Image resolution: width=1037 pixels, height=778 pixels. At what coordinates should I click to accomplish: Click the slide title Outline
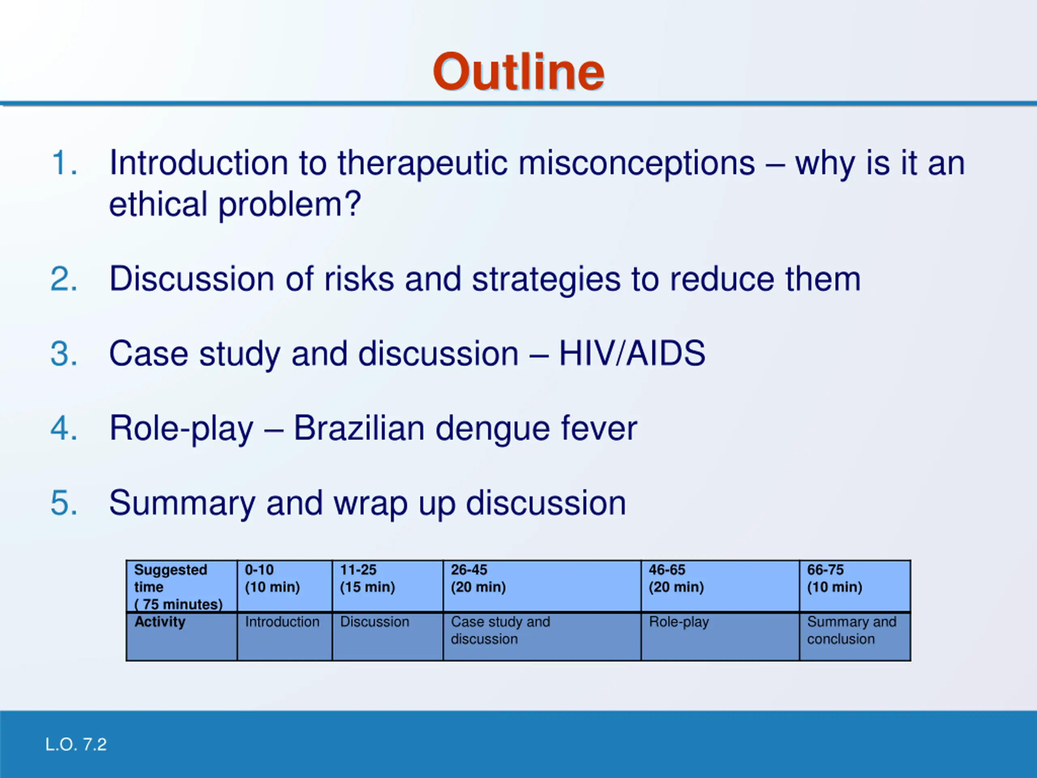518,72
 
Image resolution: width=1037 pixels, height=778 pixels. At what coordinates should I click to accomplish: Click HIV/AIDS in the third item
632,353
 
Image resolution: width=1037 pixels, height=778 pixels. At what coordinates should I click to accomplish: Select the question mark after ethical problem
352,204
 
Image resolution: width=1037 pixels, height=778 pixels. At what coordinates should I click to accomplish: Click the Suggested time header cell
182,586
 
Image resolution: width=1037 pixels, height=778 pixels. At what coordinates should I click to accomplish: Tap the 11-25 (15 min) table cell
388,586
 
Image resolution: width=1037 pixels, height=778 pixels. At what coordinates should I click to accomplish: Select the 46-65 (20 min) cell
720,586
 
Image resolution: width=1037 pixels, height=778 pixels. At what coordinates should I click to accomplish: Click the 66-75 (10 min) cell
855,586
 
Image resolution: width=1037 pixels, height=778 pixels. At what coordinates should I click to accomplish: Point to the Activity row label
160,622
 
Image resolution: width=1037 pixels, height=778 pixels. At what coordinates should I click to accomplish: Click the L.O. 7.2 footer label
76,745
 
